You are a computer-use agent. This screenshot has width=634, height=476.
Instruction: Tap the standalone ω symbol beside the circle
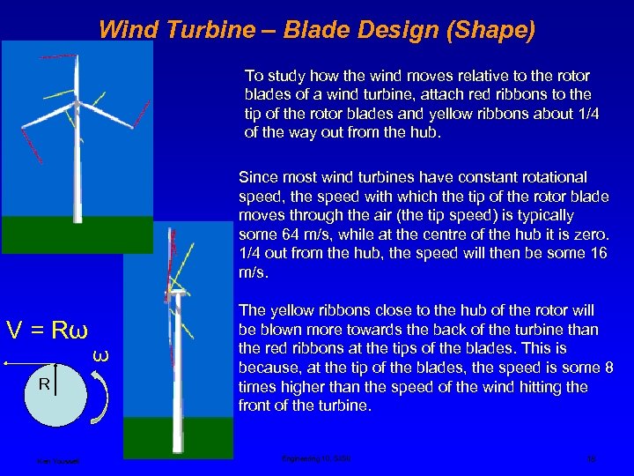tap(100, 354)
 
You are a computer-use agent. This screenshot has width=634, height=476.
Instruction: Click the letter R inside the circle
tap(42, 385)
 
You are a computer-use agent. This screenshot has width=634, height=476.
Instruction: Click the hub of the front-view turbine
tap(77, 105)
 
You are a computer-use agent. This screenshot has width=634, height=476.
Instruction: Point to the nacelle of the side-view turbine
tap(177, 295)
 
